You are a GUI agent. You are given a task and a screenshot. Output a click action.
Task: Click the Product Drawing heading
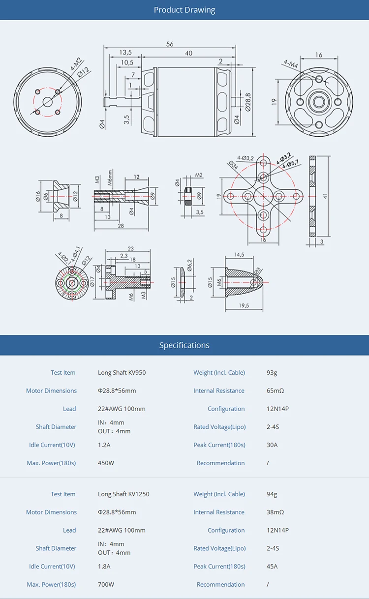(184, 10)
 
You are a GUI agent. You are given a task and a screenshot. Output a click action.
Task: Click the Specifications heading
(184, 345)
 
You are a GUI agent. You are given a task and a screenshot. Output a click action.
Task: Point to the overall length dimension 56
(170, 44)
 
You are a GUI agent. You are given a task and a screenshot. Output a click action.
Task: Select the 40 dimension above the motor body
(188, 53)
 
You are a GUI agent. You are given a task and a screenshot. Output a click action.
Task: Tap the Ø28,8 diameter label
(248, 101)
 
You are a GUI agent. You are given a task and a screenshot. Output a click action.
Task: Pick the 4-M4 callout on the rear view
(291, 63)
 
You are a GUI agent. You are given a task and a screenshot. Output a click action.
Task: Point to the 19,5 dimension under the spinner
(244, 305)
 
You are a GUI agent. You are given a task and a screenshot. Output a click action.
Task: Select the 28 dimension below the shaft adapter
(121, 225)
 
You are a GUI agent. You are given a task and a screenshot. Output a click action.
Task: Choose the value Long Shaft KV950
(122, 373)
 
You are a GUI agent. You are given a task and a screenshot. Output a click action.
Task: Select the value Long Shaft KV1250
(123, 494)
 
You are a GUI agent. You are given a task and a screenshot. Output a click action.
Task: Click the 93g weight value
(272, 373)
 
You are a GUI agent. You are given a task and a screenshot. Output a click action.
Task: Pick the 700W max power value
(106, 585)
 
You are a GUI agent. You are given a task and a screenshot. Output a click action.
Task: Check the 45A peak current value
(272, 567)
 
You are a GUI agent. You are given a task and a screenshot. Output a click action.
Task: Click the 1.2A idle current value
(104, 445)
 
